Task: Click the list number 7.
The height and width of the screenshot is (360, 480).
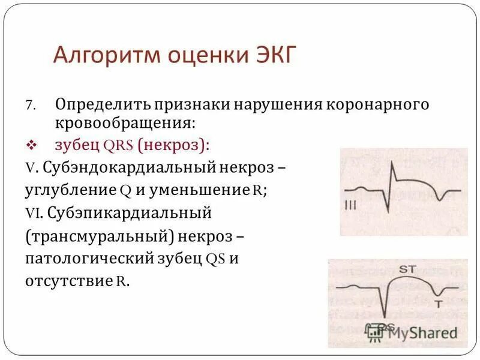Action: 30,104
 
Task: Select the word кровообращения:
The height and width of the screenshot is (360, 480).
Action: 125,123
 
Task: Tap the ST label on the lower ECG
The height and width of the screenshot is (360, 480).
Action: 407,269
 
